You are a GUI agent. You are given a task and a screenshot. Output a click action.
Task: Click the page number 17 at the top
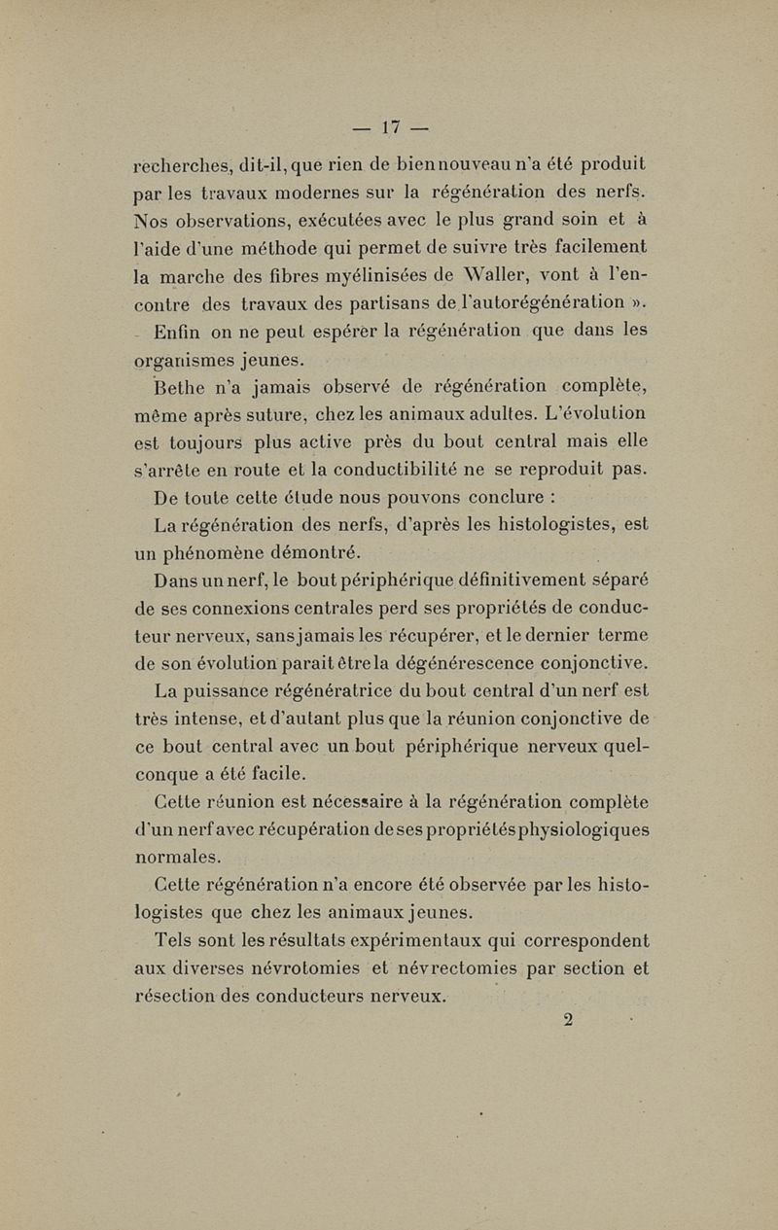(392, 126)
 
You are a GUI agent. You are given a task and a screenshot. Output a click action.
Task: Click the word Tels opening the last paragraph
(177, 941)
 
